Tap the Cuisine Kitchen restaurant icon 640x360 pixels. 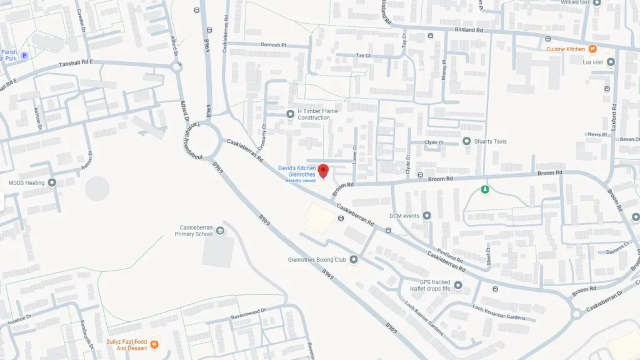pos(592,49)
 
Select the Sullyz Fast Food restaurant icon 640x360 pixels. pos(154,344)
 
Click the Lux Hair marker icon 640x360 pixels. pos(611,62)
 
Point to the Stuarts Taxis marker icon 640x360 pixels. pos(466,141)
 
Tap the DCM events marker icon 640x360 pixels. pos(427,216)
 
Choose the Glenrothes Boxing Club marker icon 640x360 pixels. pos(354,259)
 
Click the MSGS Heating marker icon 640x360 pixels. pos(52,182)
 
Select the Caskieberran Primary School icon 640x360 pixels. pos(219,231)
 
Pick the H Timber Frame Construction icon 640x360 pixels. pos(290,114)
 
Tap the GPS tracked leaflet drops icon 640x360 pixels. pos(458,286)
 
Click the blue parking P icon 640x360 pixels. pos(24,56)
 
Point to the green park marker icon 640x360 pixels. pos(484,189)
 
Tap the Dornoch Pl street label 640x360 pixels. pos(274,45)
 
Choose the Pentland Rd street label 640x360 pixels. pos(450,256)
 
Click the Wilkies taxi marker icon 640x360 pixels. pos(597,2)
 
